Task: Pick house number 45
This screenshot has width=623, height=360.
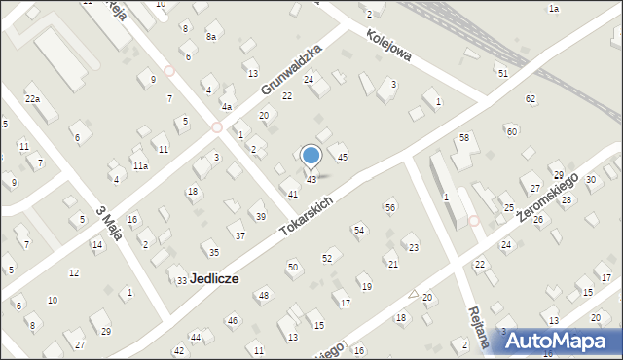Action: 342,157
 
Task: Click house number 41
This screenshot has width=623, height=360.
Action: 292,195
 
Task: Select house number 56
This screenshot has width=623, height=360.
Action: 390,207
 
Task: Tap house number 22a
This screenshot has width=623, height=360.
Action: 32,99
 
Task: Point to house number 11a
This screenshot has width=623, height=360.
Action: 140,166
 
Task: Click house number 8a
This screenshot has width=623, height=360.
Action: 210,37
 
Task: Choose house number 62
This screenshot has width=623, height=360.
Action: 531,99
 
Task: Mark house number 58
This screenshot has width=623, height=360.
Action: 464,138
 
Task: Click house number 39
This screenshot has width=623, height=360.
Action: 260,216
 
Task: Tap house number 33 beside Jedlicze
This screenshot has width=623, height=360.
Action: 181,281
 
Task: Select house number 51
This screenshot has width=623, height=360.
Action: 502,74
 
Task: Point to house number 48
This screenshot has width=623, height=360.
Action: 263,294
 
